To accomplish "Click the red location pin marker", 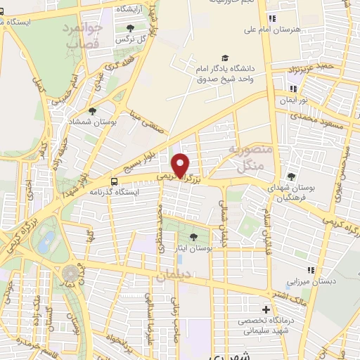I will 181,165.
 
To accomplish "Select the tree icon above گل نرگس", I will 130,29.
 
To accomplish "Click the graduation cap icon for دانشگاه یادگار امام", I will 224,58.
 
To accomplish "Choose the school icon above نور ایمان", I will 293,89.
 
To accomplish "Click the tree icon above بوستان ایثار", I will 194,236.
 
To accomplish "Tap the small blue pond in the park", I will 46,243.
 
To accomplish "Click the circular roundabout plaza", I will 70,272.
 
